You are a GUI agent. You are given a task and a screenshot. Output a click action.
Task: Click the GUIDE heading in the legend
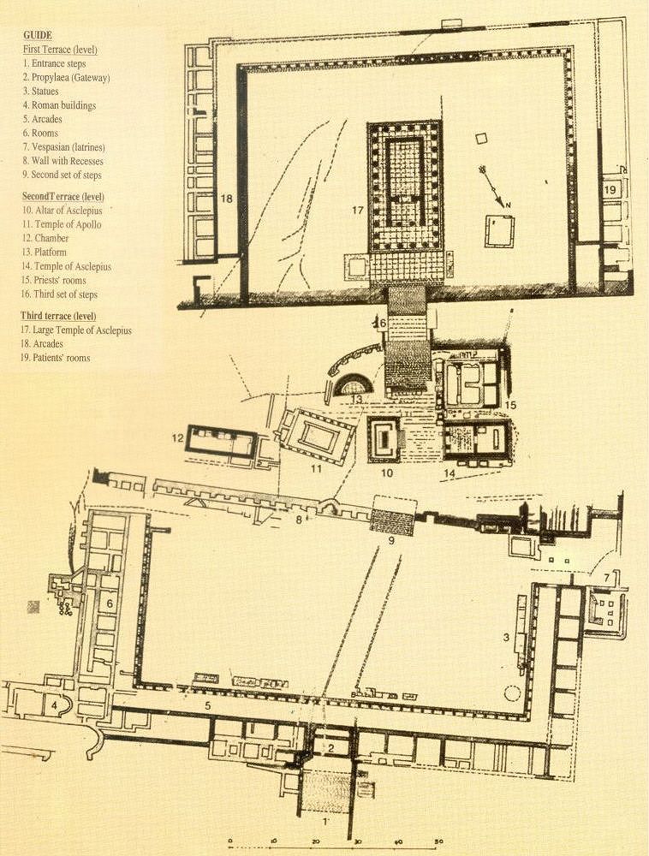coord(38,37)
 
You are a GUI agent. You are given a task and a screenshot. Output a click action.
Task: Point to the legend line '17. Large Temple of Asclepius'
coord(77,330)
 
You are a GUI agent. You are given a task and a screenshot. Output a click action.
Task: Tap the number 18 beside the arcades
coord(226,199)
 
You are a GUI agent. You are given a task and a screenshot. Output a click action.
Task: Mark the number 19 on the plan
coord(610,189)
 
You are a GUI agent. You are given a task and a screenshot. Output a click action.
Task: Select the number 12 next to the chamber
coord(177,438)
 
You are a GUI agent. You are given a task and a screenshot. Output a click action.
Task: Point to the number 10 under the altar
coord(386,473)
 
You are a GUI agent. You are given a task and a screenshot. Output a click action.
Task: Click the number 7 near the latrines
coord(605,579)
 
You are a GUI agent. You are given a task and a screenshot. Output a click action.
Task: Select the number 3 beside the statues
coord(507,637)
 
